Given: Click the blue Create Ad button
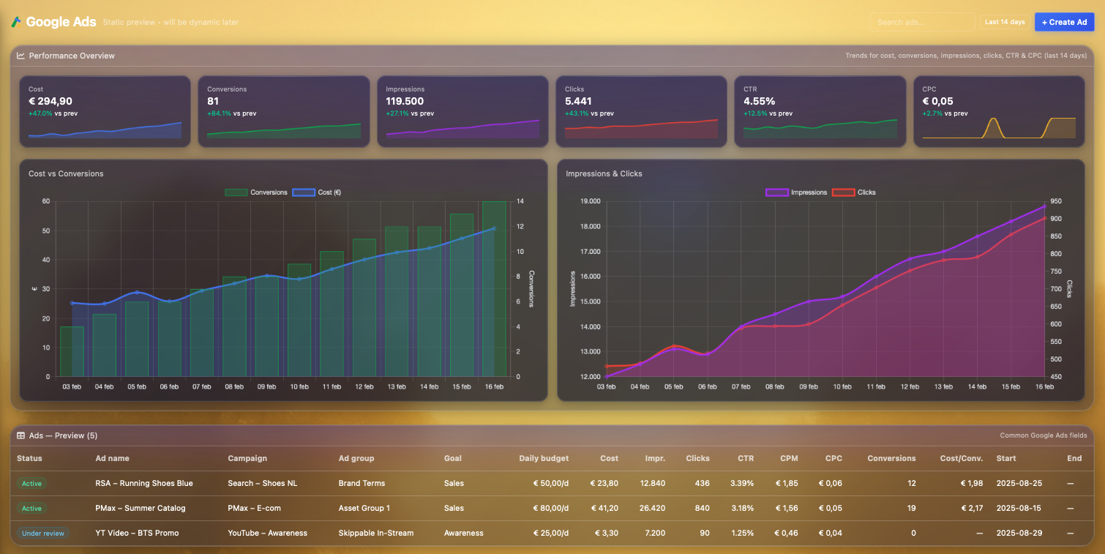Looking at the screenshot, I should click(x=1063, y=22).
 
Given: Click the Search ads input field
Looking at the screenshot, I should click(x=922, y=22).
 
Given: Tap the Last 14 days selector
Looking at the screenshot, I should click(x=1005, y=22).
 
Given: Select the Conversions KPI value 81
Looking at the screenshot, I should click(x=213, y=101).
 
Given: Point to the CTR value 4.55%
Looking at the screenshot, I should click(x=759, y=101).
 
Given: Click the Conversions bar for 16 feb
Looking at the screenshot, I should click(x=494, y=289).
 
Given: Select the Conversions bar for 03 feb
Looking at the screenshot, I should click(x=72, y=351).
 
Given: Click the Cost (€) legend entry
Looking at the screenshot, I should click(x=317, y=192).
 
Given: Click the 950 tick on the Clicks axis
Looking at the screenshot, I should click(x=1057, y=201).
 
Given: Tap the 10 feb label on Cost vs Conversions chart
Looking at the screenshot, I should click(x=299, y=386).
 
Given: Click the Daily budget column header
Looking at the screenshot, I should click(x=544, y=458).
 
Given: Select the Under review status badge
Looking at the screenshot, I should click(x=43, y=533).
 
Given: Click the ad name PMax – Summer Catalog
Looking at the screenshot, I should click(x=141, y=508).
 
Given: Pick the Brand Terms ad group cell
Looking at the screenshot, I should click(x=362, y=483).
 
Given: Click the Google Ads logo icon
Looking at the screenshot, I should click(x=16, y=22).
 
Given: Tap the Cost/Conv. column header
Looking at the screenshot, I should click(x=962, y=458).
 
